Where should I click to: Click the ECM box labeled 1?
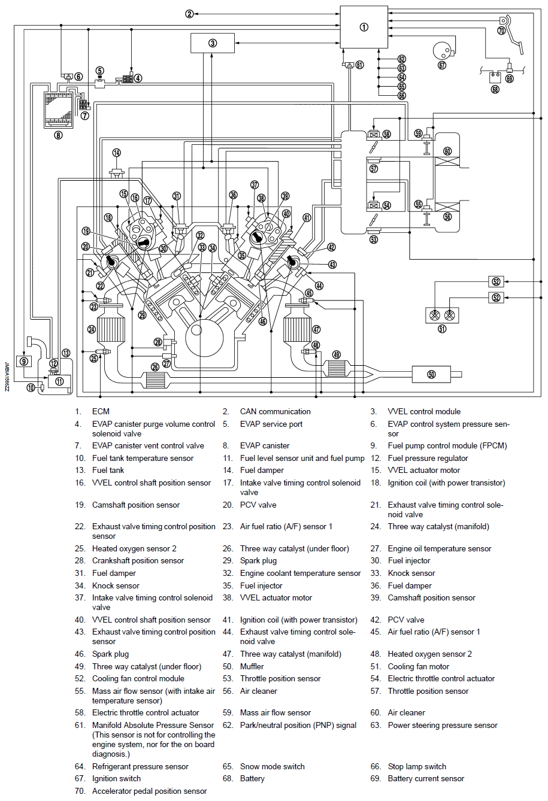[x=364, y=27]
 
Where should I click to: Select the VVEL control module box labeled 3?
[x=213, y=43]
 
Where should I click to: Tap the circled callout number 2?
[x=189, y=13]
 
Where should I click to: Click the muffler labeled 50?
[x=431, y=374]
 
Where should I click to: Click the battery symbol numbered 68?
[x=495, y=77]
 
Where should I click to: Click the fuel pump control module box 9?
[x=24, y=361]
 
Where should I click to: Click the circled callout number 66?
[x=401, y=96]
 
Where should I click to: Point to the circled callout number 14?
[x=116, y=153]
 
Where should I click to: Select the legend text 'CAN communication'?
[x=275, y=411]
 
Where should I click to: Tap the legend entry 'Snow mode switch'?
[x=272, y=766]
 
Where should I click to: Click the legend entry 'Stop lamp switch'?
[x=417, y=766]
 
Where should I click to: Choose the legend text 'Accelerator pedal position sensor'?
[x=149, y=791]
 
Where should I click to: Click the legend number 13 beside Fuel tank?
[x=80, y=470]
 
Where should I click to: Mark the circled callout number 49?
[x=337, y=354]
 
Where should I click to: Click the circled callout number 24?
[x=92, y=329]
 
